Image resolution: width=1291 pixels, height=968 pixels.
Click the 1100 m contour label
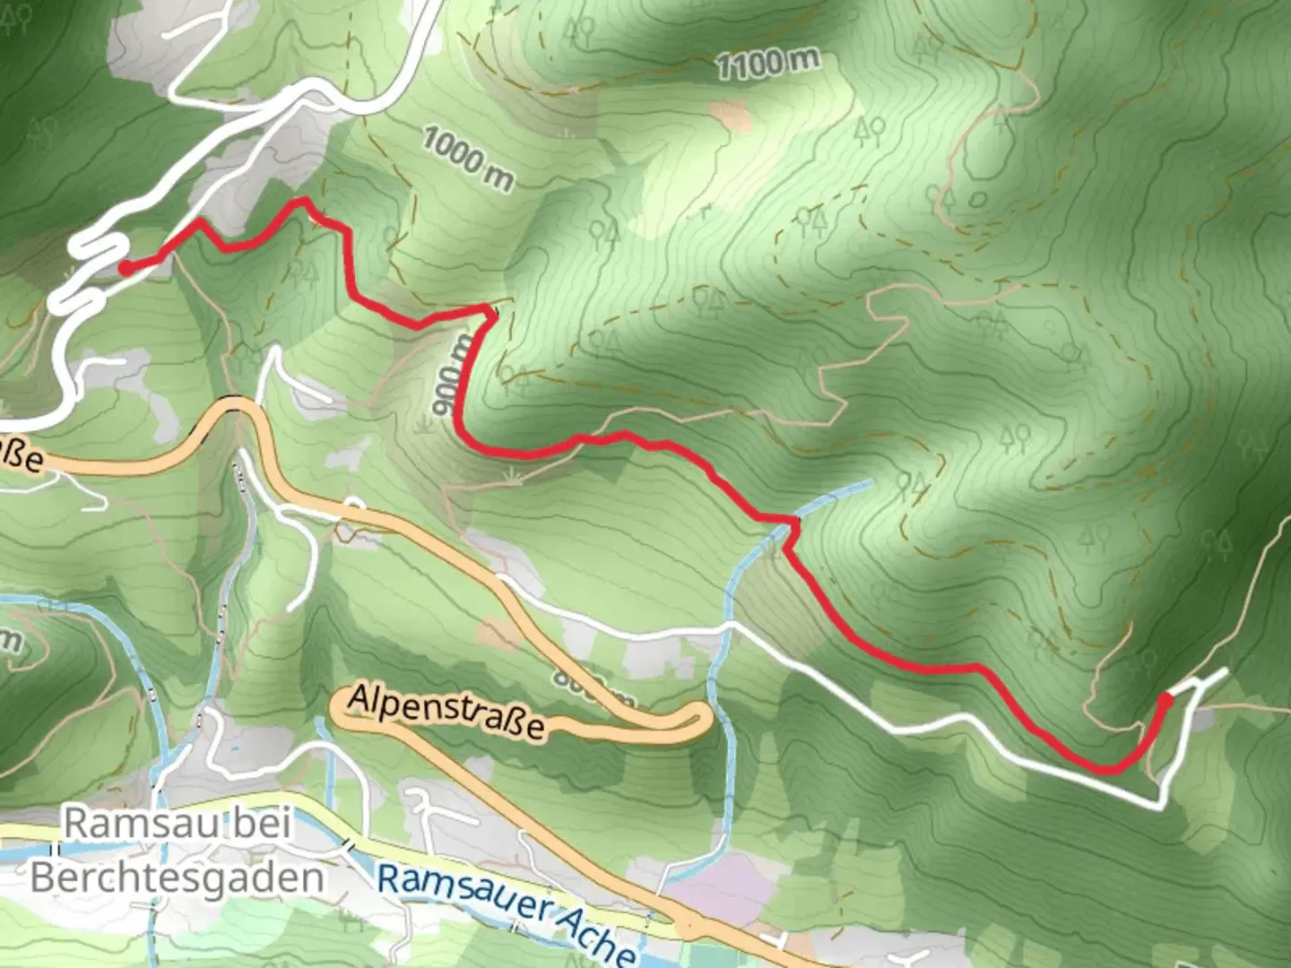tap(767, 63)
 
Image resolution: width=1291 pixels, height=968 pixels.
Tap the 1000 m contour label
tap(467, 159)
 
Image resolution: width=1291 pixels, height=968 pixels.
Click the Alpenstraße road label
tap(446, 713)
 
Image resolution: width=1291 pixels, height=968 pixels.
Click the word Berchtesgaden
tap(177, 877)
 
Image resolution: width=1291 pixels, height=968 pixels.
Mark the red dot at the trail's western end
tap(126, 267)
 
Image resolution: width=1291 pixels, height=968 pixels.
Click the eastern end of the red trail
tap(1166, 696)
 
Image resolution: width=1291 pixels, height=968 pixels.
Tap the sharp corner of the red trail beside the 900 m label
tap(490, 311)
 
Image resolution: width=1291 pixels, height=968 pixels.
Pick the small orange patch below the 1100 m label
tap(729, 114)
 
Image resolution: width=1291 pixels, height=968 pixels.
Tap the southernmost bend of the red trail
tap(1110, 769)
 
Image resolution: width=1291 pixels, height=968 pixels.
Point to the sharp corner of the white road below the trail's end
tap(1162, 806)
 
